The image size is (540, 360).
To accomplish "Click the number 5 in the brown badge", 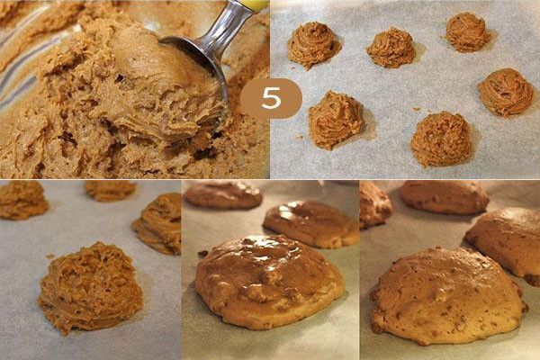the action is click(x=271, y=98).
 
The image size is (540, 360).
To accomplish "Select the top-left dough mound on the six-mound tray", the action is click(x=313, y=45).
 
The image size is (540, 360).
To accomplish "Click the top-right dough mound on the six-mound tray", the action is click(x=468, y=31).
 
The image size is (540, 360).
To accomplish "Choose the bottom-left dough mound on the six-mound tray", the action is click(x=335, y=120).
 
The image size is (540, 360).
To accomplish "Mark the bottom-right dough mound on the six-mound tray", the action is click(x=442, y=139).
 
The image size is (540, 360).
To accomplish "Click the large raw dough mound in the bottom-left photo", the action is click(x=90, y=288).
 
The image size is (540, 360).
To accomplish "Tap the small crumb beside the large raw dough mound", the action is click(x=50, y=256).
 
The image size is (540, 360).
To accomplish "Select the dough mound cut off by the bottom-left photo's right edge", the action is click(x=157, y=223).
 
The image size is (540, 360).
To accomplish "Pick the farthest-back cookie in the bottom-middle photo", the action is click(x=223, y=195).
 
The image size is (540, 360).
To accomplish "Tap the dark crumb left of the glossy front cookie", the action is click(x=202, y=253).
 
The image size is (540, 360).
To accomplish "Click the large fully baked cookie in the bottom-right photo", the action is click(x=447, y=295).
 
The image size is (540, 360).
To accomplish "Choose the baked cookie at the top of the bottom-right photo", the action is click(x=445, y=197).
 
